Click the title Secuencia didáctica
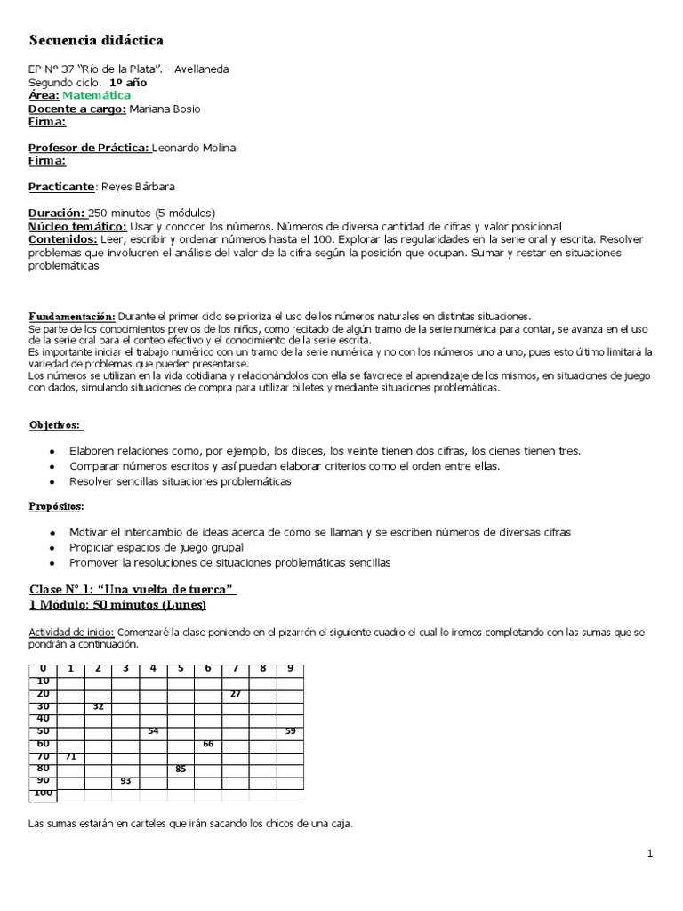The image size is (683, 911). (x=96, y=40)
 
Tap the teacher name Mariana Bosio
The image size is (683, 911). (x=165, y=109)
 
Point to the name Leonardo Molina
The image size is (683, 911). (x=195, y=148)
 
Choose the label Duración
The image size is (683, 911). (x=57, y=213)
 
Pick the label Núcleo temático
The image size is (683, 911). (x=76, y=227)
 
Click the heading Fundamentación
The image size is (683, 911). (x=72, y=316)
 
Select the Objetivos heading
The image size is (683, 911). (x=55, y=425)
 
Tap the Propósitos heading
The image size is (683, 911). (x=57, y=506)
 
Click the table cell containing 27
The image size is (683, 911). (x=236, y=693)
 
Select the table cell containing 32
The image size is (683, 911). (x=98, y=705)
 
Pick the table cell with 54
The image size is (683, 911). (x=153, y=730)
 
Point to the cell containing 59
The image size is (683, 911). (x=290, y=730)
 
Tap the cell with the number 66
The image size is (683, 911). (x=208, y=743)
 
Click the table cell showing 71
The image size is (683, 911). (x=70, y=755)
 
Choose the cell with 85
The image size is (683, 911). (x=181, y=768)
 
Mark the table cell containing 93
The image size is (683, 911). (x=125, y=780)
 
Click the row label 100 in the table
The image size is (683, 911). (x=43, y=793)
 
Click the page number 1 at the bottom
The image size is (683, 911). (x=650, y=854)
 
